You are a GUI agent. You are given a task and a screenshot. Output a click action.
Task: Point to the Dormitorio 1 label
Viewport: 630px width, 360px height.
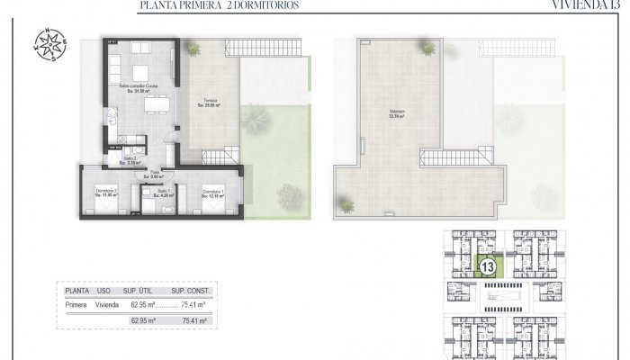213,193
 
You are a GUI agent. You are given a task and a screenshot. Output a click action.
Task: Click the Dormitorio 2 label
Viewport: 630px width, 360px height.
108,193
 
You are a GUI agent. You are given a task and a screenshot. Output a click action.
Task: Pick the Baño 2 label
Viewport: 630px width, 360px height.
130,160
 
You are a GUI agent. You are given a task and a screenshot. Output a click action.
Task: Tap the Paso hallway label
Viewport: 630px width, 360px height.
155,174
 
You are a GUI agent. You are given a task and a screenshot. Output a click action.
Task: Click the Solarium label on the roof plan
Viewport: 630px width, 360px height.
397,114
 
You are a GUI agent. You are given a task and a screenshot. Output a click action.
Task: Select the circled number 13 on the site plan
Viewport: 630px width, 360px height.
490,267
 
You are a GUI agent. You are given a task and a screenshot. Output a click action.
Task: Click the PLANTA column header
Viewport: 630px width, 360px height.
78,292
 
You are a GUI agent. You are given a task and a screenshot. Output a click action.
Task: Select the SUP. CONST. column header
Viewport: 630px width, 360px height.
191,292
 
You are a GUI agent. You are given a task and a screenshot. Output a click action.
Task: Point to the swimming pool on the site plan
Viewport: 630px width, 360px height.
499,294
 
